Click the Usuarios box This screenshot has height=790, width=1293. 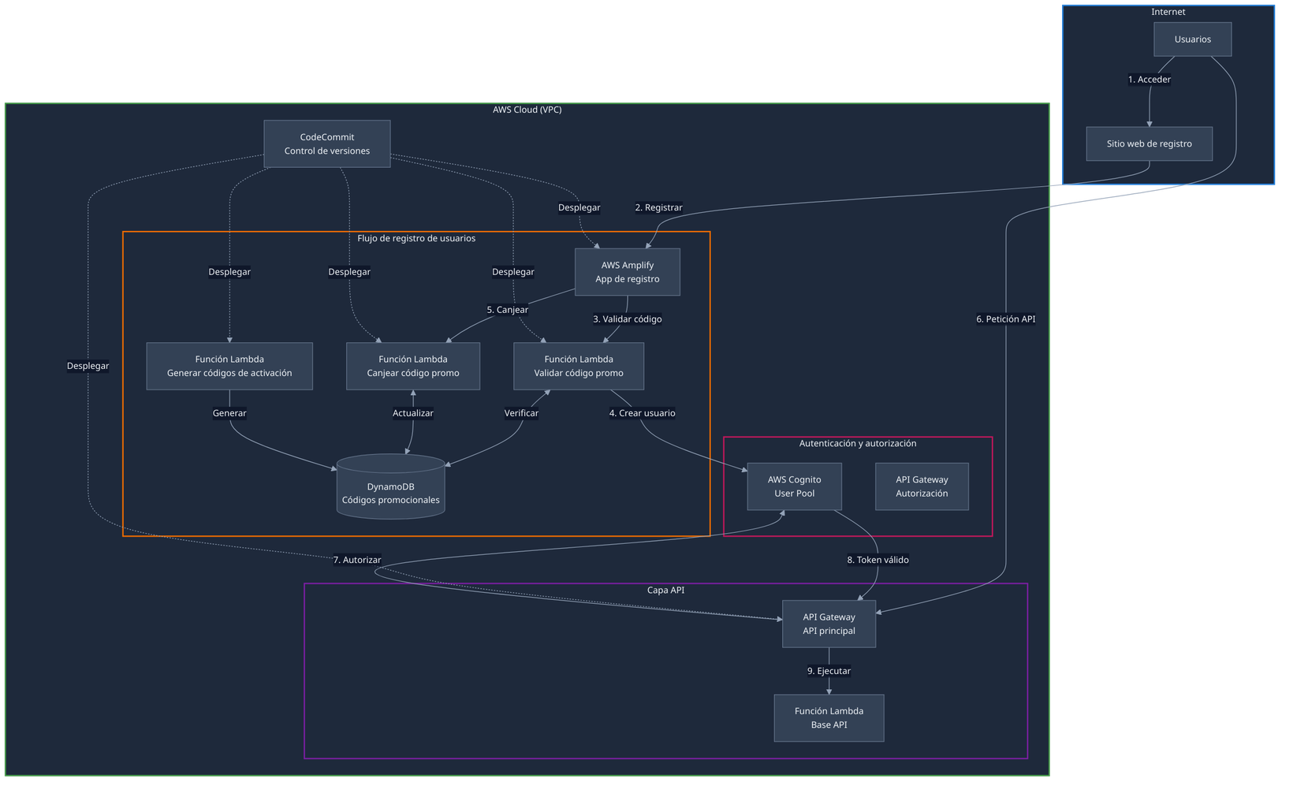[x=1192, y=39]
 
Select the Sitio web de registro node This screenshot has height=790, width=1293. [x=1149, y=143]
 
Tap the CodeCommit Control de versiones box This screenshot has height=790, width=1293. [x=326, y=143]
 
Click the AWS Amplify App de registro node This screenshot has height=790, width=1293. [x=627, y=272]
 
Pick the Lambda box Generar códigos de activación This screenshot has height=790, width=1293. [x=229, y=366]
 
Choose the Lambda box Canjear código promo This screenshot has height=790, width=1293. [x=412, y=366]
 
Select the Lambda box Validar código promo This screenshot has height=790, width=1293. [x=578, y=366]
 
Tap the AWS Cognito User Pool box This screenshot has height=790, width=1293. [x=794, y=486]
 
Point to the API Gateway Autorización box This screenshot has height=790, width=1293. [x=922, y=486]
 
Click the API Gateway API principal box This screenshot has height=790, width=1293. [x=829, y=624]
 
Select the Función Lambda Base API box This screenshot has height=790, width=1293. [x=829, y=717]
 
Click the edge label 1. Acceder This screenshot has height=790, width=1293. [x=1149, y=80]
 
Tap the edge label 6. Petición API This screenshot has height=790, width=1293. [x=1005, y=319]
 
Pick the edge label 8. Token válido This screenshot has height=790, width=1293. [x=878, y=560]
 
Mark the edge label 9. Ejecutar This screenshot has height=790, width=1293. [x=829, y=671]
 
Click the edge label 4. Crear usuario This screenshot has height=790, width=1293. [x=642, y=413]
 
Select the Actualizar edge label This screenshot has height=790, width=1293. [x=412, y=413]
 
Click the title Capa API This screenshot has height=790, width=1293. [x=665, y=591]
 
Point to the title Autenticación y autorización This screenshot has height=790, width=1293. [x=857, y=444]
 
